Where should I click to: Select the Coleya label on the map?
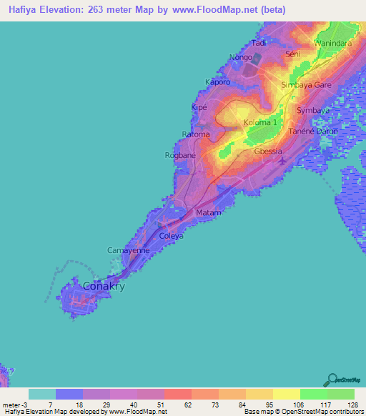pyautogui.click(x=172, y=236)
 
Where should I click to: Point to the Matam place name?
pyautogui.click(x=210, y=213)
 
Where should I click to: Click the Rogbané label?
pyautogui.click(x=180, y=155)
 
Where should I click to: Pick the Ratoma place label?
pyautogui.click(x=196, y=134)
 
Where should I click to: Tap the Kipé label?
pyautogui.click(x=199, y=107)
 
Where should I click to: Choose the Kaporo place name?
pyautogui.click(x=217, y=81)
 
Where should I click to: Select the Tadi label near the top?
pyautogui.click(x=259, y=43)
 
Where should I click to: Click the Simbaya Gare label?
pyautogui.click(x=307, y=84)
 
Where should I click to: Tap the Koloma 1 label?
pyautogui.click(x=260, y=122)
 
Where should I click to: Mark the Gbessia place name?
pyautogui.click(x=269, y=152)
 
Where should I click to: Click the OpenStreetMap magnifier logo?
pyautogui.click(x=332, y=380)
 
